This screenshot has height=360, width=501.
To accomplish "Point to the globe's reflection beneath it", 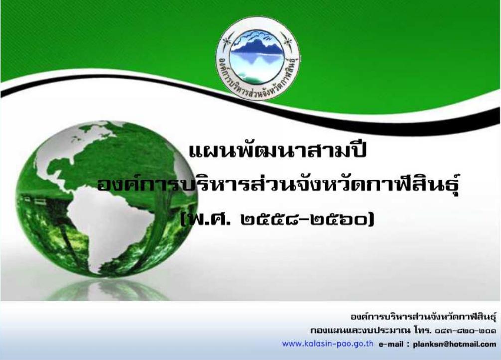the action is click(x=106, y=290).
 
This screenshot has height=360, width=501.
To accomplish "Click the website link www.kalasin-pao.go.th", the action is click(x=328, y=344).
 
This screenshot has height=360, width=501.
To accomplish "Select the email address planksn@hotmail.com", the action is click(x=454, y=344).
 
